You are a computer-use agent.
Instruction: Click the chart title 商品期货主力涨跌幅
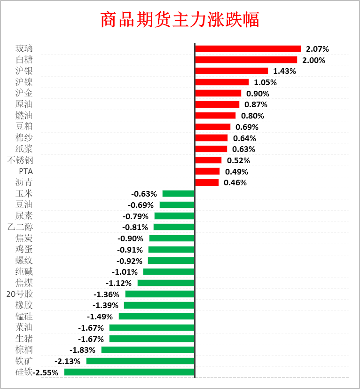pyautogui.click(x=180, y=20)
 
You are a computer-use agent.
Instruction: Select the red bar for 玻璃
pyautogui.click(x=248, y=48)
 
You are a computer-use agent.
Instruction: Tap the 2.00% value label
pyautogui.click(x=313, y=60)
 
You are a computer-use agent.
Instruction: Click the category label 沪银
pyautogui.click(x=24, y=71)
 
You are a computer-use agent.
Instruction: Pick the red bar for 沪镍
pyautogui.click(x=221, y=82)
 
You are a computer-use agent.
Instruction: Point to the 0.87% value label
pyautogui.click(x=256, y=104)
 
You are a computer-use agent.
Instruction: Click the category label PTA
pyautogui.click(x=26, y=171)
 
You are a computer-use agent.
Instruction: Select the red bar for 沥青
pyautogui.click(x=207, y=183)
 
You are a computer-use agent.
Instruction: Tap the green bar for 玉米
pyautogui.click(x=178, y=193)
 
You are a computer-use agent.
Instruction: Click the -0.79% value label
pyautogui.click(x=135, y=216)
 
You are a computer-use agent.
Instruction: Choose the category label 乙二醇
pyautogui.click(x=20, y=227)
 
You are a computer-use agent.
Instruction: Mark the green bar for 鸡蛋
pyautogui.click(x=171, y=249)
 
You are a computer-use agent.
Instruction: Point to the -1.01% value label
pyautogui.click(x=125, y=272)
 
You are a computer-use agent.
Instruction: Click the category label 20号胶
pyautogui.click(x=20, y=294)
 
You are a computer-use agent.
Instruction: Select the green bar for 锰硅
pyautogui.click(x=157, y=316)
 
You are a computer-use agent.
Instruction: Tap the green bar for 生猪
pyautogui.click(x=152, y=339)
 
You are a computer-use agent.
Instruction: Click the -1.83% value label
pyautogui.click(x=82, y=350)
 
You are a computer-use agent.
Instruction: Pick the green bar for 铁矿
pyautogui.click(x=140, y=361)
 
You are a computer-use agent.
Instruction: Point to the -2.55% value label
pyautogui.click(x=46, y=373)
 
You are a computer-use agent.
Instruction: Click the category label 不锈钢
pyautogui.click(x=20, y=160)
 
